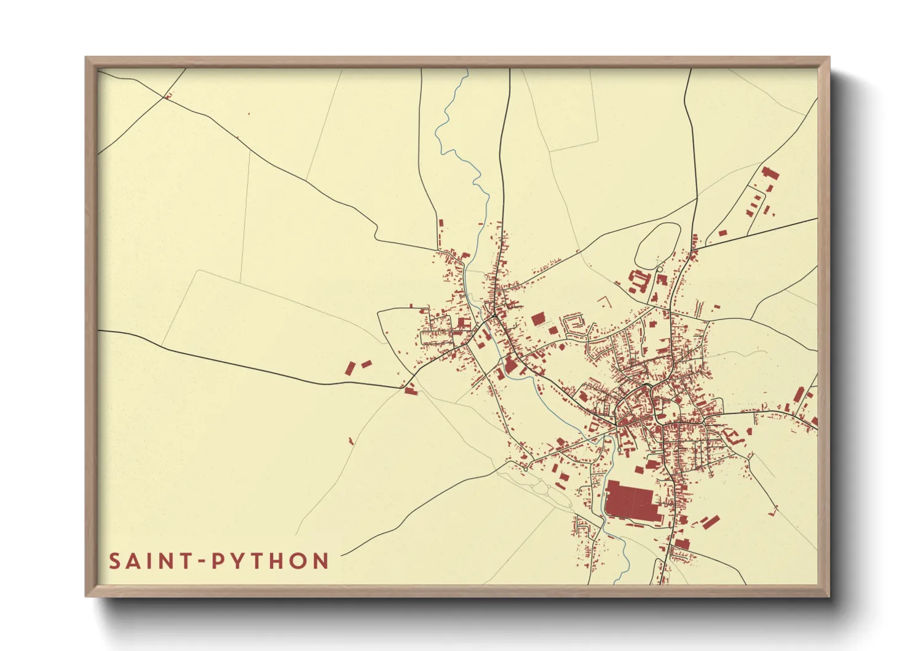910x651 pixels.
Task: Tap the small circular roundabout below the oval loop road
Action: [x=660, y=269]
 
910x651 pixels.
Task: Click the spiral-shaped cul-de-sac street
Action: [x=573, y=324]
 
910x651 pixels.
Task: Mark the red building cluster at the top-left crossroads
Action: [x=167, y=96]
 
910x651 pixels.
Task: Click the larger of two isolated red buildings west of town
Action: [x=350, y=369]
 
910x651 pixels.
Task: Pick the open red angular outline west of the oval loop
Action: [x=605, y=302]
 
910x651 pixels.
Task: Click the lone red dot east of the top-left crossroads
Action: [x=248, y=114]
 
